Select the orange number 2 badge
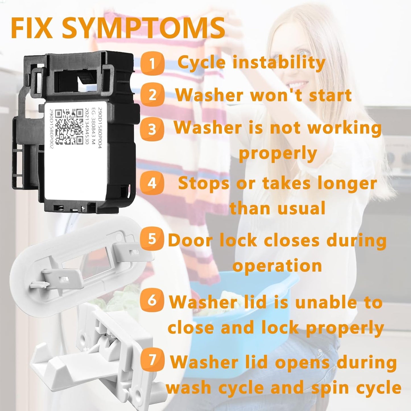tap(152, 95)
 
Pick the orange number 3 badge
tap(152, 129)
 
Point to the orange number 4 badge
tap(152, 183)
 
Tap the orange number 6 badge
tap(152, 300)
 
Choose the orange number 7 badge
tap(152, 360)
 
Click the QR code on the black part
tap(69, 127)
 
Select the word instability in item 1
tap(279, 63)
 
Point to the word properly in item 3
tap(278, 154)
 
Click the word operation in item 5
tap(277, 266)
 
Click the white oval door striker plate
tap(77, 270)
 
